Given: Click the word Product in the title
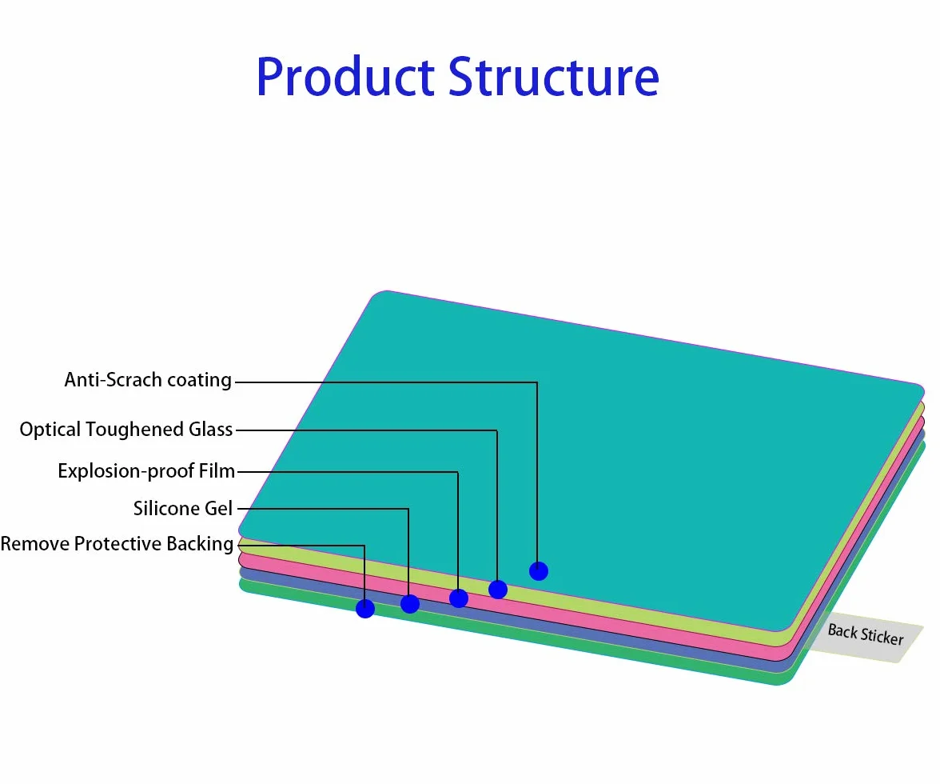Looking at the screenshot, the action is (345, 77).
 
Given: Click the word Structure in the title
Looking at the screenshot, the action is (554, 77).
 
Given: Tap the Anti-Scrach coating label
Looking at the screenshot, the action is (148, 380).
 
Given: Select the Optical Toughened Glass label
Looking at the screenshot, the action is (126, 430).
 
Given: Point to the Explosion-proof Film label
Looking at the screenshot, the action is (146, 471).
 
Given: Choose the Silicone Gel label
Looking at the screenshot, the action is (183, 509).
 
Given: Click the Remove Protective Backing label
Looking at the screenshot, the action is (117, 544).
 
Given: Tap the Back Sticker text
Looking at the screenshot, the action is (865, 634).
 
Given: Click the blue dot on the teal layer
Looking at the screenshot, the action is (539, 571).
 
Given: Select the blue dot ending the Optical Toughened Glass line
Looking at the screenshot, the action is (497, 590).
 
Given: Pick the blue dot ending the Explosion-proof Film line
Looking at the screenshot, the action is (459, 598).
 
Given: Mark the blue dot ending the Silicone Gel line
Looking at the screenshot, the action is (410, 604).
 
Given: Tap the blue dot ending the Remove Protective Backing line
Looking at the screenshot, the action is (365, 609).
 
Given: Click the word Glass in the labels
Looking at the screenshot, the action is (210, 430).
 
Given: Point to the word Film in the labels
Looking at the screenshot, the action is (217, 471).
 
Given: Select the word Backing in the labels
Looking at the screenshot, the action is (200, 544).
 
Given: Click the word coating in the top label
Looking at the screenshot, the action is (199, 381).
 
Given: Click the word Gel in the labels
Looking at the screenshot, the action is (219, 509).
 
